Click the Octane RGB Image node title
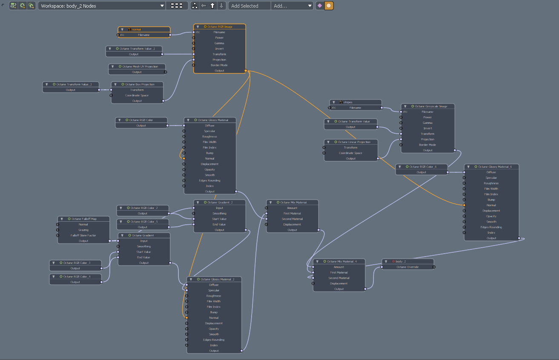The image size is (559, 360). (220, 27)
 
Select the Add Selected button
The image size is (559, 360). (249, 6)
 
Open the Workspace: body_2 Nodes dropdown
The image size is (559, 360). (102, 6)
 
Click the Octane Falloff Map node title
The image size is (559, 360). (84, 219)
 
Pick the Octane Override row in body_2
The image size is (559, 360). (407, 267)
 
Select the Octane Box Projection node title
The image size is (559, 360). (140, 84)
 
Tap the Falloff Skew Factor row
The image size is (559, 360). (83, 235)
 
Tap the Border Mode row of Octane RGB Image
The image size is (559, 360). (219, 65)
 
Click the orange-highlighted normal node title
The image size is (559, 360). (144, 29)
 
